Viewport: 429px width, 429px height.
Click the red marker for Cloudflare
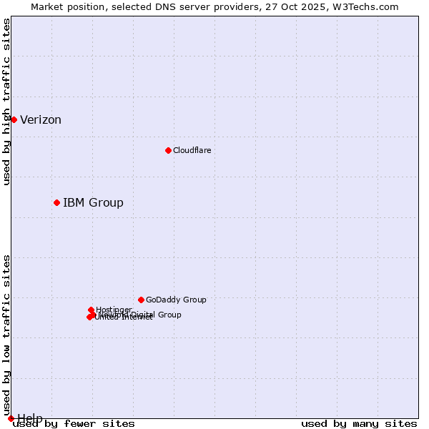[168, 150]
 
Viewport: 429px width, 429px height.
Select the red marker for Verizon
[14, 119]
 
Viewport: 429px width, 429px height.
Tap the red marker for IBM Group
[56, 202]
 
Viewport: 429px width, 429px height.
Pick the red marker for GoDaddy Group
[141, 300]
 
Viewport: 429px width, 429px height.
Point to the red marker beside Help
[11, 418]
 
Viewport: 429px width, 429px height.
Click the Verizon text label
[41, 120]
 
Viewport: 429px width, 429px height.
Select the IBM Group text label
[93, 203]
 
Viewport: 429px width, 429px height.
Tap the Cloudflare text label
[192, 150]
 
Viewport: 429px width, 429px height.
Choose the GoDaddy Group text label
[176, 300]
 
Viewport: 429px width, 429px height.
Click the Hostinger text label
[114, 310]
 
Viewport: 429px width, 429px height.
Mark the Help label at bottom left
[30, 418]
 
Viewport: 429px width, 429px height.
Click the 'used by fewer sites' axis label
[74, 424]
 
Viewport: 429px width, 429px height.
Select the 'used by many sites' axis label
[359, 424]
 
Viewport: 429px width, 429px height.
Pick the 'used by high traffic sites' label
[7, 102]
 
